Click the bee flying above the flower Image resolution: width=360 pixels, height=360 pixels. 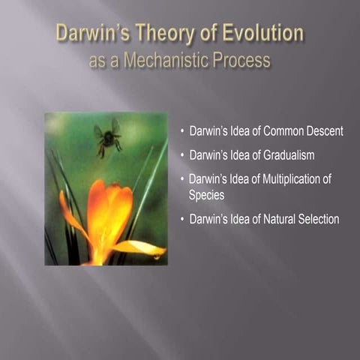(107, 137)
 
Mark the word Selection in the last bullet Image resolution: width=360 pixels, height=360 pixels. (317, 219)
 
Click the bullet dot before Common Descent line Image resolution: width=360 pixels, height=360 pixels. (182, 132)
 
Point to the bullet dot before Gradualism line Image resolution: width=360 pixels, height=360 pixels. (182, 156)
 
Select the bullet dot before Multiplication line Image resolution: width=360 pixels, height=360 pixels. (182, 180)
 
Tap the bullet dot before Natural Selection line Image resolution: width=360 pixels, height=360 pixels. (182, 220)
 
